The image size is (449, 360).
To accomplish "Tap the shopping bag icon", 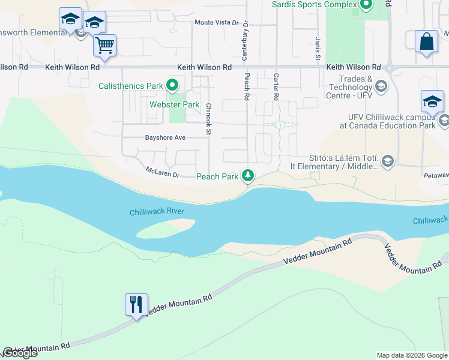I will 426,42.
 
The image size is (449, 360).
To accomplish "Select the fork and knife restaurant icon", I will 136,304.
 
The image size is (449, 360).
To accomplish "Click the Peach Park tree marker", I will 247,176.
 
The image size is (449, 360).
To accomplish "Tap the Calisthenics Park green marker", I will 173,86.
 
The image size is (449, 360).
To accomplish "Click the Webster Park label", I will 174,104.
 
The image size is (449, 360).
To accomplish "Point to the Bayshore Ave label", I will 165,137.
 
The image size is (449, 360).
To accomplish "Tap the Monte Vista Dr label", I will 217,22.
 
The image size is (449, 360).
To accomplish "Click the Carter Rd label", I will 276,86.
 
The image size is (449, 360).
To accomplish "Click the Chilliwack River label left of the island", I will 157,212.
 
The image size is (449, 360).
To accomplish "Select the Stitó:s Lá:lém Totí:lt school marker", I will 388,160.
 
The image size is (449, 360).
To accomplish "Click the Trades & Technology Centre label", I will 357,87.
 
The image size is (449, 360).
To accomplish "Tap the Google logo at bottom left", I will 20,353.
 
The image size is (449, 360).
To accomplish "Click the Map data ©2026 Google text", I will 412,355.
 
